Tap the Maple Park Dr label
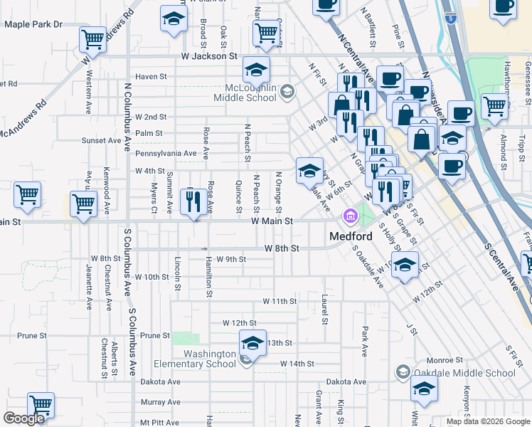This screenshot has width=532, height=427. pos(33,24)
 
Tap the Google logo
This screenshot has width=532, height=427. pos(23,418)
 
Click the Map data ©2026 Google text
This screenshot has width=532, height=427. pos(489,421)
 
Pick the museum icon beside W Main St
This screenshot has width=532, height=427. pos(350,216)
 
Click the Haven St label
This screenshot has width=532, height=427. pos(151,76)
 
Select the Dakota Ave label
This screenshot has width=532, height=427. pos(160,382)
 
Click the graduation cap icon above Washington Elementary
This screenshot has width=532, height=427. pos(252,343)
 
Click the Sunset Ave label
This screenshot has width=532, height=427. pos(101,140)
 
